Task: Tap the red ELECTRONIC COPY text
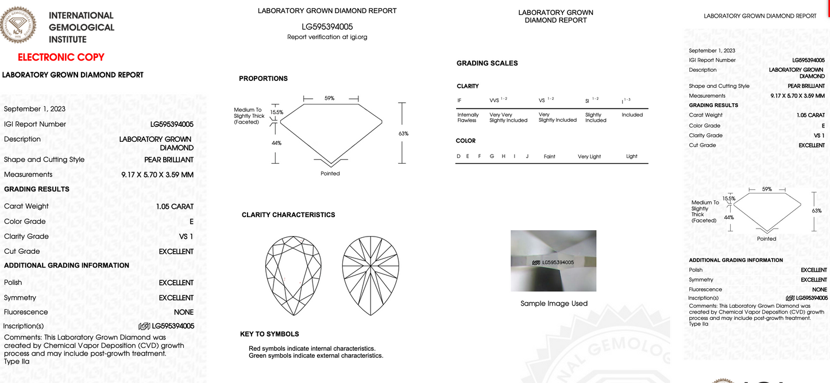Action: click(x=61, y=57)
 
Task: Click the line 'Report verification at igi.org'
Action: click(x=327, y=37)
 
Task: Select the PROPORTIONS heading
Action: click(x=263, y=79)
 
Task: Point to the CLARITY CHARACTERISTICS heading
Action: click(x=288, y=215)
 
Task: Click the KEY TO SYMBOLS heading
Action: click(x=269, y=334)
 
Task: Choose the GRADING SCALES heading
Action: click(x=487, y=63)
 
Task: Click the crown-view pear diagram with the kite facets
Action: click(x=293, y=276)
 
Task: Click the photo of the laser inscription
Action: click(x=553, y=261)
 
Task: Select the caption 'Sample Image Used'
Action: click(x=554, y=304)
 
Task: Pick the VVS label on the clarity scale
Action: click(x=495, y=101)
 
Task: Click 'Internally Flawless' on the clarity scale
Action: click(x=467, y=118)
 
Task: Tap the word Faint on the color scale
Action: click(x=549, y=156)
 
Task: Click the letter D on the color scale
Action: click(x=458, y=156)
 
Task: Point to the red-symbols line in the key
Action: click(x=312, y=349)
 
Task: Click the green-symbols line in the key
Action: click(x=315, y=356)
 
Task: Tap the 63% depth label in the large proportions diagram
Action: click(x=403, y=134)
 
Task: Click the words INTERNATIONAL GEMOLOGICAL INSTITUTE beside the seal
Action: click(x=81, y=28)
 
